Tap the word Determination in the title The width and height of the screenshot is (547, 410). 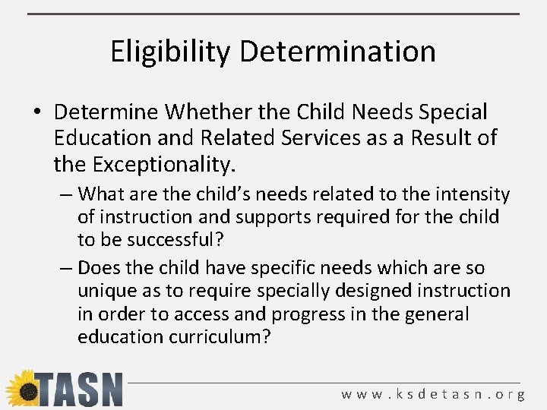point(338,52)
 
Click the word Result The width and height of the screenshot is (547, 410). point(442,138)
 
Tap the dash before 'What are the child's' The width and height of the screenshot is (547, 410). point(66,194)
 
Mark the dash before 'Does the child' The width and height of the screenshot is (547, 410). point(66,268)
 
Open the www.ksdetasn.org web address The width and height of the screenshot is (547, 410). point(433,394)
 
